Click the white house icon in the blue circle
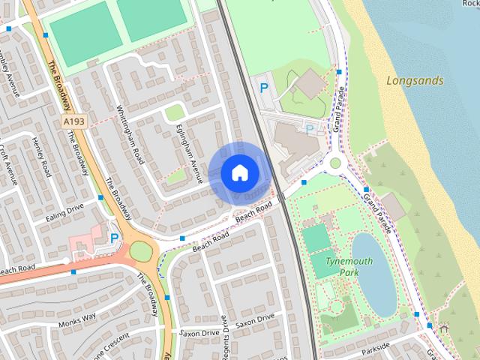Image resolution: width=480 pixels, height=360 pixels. pyautogui.click(x=239, y=172)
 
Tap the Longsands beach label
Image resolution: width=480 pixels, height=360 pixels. pyautogui.click(x=415, y=80)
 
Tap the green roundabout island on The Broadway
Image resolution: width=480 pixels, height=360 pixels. pyautogui.click(x=141, y=251)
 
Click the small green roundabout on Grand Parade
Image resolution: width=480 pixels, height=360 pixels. pyautogui.click(x=335, y=162)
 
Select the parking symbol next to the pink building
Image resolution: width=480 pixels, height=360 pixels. pyautogui.click(x=114, y=238)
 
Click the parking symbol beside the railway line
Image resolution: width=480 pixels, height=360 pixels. pyautogui.click(x=264, y=88)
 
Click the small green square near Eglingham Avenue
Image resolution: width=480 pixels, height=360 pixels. pyautogui.click(x=175, y=113)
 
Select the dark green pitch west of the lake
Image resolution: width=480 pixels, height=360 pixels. pyautogui.click(x=316, y=237)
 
